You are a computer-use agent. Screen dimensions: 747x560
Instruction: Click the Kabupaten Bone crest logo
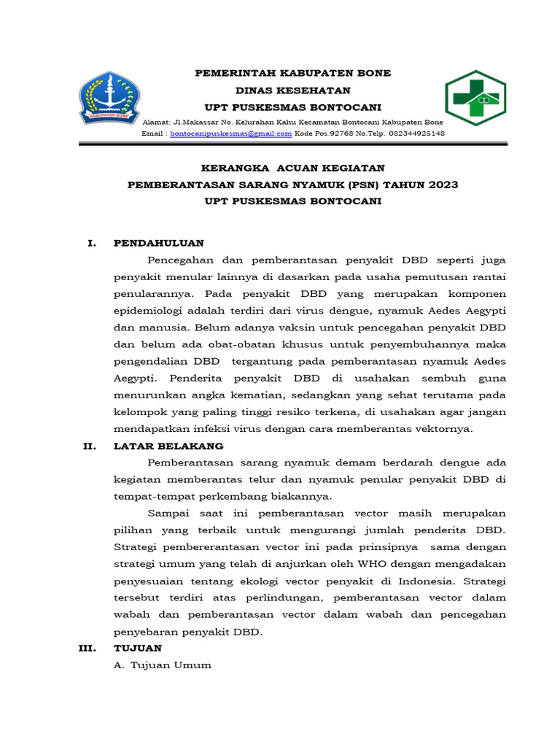109,97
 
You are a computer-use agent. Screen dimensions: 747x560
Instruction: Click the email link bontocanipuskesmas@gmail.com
230,134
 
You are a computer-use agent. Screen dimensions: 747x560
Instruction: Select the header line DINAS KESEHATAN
292,90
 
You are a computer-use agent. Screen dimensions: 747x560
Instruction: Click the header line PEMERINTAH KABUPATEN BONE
292,73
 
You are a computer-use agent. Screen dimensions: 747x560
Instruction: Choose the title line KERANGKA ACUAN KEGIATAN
292,168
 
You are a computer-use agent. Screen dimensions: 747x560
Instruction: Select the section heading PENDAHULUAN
159,243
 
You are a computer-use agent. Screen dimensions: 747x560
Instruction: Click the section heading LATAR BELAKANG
168,446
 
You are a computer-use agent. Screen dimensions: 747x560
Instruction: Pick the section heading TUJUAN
139,648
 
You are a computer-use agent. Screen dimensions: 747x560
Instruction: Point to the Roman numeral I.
91,243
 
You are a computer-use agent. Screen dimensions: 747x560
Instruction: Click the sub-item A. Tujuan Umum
163,665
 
